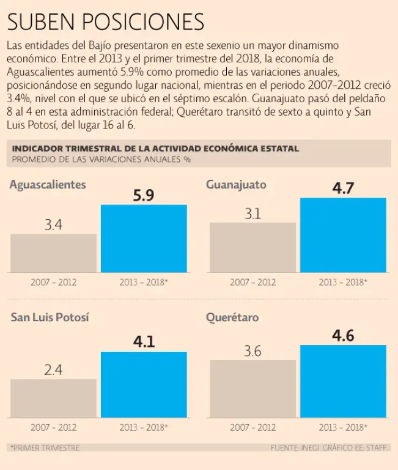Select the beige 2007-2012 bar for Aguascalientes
[53, 253]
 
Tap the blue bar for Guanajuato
[343, 235]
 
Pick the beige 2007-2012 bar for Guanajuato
[252, 247]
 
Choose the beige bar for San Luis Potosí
[53, 398]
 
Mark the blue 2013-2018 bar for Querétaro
[343, 381]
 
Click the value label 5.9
[144, 195]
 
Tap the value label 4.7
[343, 188]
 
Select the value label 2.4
[53, 370]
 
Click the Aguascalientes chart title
[48, 185]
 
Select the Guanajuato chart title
[236, 185]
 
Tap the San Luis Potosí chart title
[50, 318]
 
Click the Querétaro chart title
[232, 318]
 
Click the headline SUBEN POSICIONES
[105, 23]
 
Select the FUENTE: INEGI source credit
[328, 448]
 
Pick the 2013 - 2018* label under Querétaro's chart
[343, 427]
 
